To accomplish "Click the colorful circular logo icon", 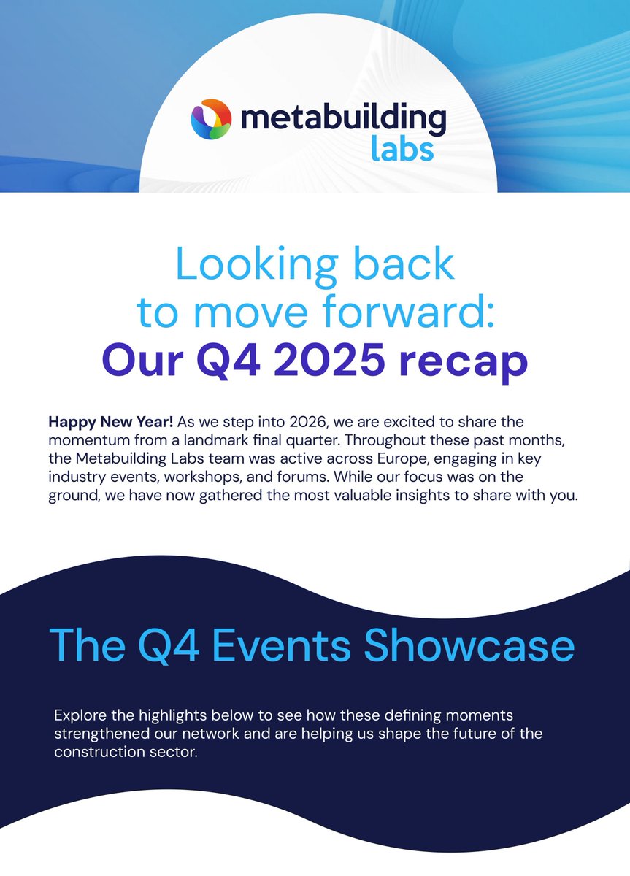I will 211,120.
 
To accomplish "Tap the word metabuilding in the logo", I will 342,119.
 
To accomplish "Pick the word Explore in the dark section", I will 78,713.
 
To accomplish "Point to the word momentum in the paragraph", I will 88,438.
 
